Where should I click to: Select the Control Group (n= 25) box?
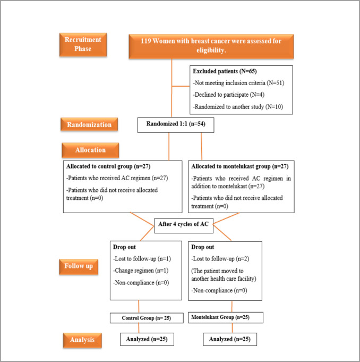point(140,318)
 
